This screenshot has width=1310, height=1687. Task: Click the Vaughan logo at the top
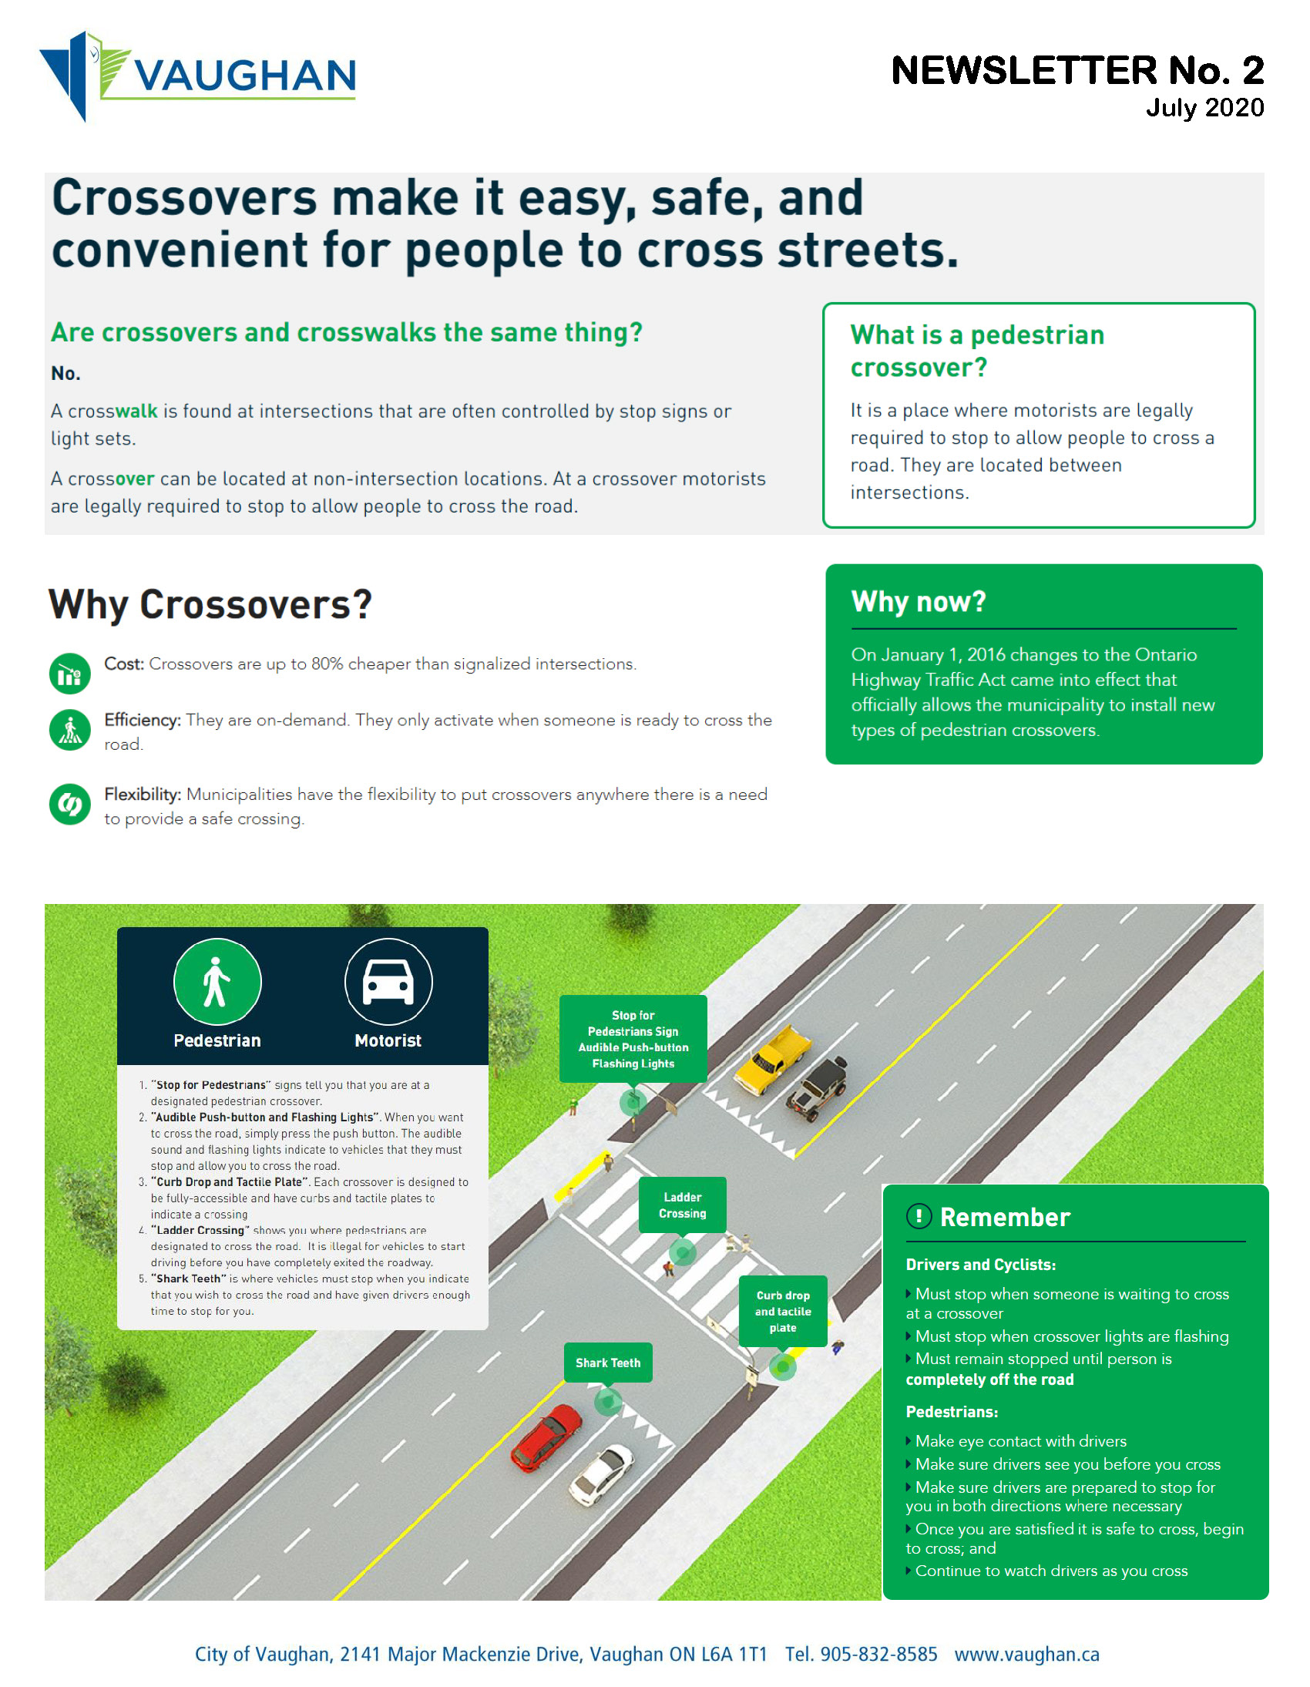(198, 76)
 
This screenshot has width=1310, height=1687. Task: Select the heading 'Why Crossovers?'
(210, 604)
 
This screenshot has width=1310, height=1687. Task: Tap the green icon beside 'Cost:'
(69, 674)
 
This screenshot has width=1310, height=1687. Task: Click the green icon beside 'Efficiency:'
(69, 730)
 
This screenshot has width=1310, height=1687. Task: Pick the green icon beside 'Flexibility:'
(69, 804)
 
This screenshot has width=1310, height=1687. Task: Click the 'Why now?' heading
(919, 602)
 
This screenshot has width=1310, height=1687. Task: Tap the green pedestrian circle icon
(217, 982)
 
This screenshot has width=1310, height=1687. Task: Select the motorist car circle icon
(388, 982)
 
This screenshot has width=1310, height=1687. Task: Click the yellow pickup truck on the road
(772, 1058)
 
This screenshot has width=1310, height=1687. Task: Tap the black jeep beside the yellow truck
(816, 1087)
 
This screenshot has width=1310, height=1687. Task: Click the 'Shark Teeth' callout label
(608, 1363)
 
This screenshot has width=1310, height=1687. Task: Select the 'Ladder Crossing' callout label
(682, 1205)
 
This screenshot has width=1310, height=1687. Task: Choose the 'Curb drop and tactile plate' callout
(782, 1311)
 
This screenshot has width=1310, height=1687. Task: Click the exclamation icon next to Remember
(919, 1217)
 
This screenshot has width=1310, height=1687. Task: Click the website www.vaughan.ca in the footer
(1026, 1654)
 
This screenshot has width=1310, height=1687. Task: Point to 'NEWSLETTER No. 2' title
(1077, 70)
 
